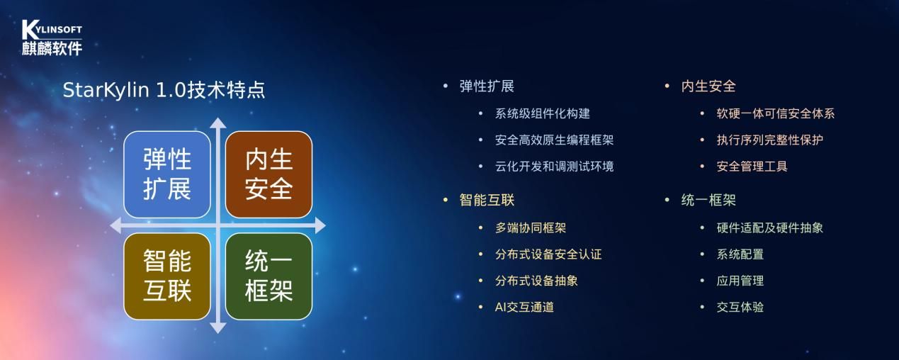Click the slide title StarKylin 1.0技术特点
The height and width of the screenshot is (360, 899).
click(164, 89)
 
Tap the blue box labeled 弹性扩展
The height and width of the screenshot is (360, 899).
click(167, 174)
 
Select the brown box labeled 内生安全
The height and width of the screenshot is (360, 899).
click(269, 174)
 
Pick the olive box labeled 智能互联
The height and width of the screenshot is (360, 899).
click(167, 276)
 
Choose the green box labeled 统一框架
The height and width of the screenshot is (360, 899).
click(269, 276)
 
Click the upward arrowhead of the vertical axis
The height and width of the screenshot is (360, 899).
click(218, 123)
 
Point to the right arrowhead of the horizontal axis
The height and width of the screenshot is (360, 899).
click(320, 225)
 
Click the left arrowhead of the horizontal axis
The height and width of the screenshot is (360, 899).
click(115, 225)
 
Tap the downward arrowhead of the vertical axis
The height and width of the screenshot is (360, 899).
click(218, 328)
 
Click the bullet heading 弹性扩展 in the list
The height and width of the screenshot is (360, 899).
click(487, 86)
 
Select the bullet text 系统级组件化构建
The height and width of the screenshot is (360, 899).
click(542, 113)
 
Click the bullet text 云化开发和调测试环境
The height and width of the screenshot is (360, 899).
click(554, 166)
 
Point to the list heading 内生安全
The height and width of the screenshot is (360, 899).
click(708, 86)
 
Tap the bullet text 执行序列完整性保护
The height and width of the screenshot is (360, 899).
click(770, 140)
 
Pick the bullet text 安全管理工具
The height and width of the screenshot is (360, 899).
click(752, 166)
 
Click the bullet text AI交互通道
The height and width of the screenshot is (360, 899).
click(524, 307)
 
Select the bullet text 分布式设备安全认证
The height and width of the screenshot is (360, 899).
click(548, 254)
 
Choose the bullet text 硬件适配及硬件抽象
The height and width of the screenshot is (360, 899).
click(770, 228)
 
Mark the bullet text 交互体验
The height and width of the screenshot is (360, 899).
click(740, 307)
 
